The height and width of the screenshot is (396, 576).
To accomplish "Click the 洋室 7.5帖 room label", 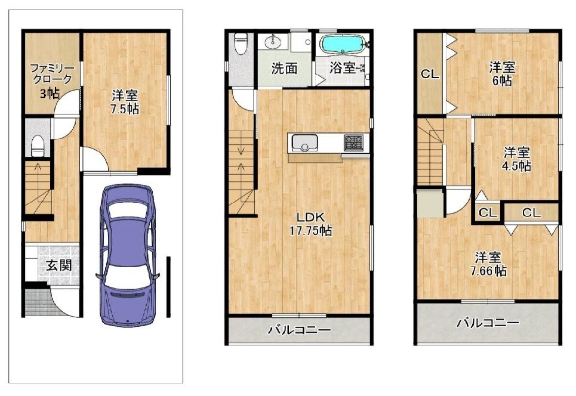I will [125, 101].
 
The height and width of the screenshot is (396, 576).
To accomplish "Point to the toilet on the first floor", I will [39, 145].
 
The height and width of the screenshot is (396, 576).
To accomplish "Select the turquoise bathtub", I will [343, 44].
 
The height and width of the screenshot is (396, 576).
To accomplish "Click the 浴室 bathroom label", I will [342, 69].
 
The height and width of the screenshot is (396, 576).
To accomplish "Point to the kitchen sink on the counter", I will [304, 144].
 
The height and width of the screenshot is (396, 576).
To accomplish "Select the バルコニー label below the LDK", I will [299, 330].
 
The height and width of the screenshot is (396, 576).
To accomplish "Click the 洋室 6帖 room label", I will [503, 74].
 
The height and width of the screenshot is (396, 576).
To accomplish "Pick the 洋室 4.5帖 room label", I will [516, 159].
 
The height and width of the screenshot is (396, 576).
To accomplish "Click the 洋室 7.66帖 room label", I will [491, 264].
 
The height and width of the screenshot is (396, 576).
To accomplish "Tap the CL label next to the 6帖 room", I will [429, 75].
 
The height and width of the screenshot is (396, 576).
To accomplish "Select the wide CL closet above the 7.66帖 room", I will [531, 212].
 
